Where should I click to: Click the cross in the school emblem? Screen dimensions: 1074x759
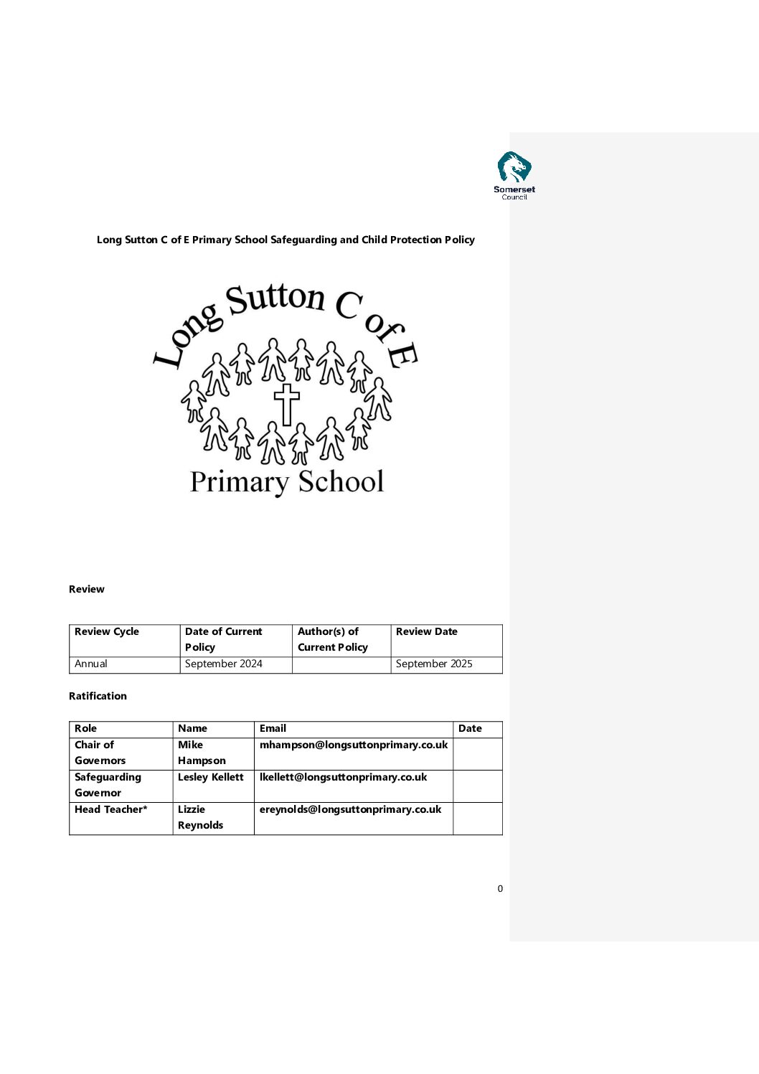tap(286, 404)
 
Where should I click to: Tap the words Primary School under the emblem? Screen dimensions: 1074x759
tap(287, 482)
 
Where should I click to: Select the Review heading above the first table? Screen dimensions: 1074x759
tap(87, 589)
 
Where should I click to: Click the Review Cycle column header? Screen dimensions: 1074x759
tap(107, 631)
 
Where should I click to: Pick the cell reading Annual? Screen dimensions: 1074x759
tap(91, 664)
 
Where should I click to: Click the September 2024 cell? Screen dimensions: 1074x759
tap(224, 664)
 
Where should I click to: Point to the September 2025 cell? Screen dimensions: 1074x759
tap(434, 664)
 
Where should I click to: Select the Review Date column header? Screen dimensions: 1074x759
tap(426, 631)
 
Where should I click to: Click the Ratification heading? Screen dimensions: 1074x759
tap(98, 696)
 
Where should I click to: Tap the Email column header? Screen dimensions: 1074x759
tap(273, 728)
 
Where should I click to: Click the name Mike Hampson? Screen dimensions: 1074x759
tap(202, 753)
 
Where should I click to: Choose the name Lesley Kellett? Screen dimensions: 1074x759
tap(211, 777)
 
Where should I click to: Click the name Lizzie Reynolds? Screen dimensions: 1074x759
tap(200, 817)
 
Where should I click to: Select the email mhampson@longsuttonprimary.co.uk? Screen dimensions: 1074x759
tap(354, 745)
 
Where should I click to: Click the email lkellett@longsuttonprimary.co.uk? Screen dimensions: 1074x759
tap(343, 777)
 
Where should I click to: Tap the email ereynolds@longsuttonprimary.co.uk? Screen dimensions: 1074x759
tap(350, 809)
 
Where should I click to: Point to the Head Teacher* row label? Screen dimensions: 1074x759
tap(111, 809)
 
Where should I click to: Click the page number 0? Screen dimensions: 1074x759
tap(500, 889)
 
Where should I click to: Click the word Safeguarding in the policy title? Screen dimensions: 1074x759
tap(303, 240)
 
